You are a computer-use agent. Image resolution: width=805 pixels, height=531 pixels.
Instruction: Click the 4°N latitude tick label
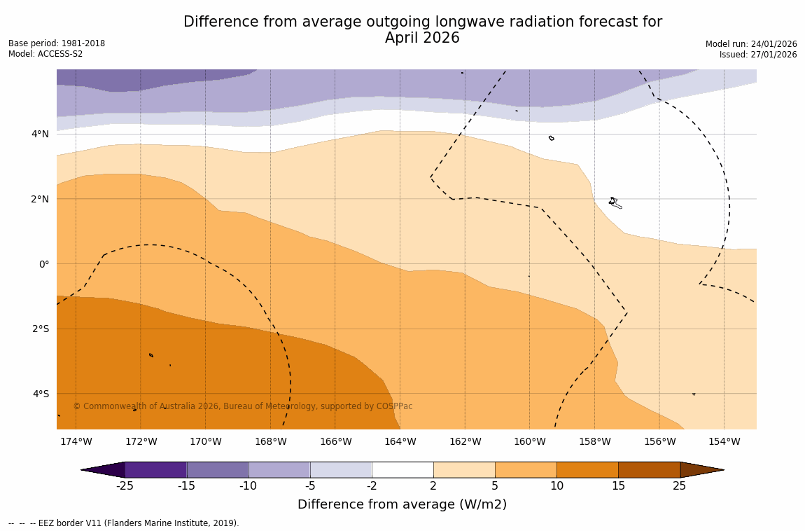click(x=40, y=134)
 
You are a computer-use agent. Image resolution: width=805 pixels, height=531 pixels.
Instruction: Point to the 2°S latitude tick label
click(x=40, y=329)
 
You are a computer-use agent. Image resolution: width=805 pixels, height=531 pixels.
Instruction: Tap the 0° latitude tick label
click(x=43, y=264)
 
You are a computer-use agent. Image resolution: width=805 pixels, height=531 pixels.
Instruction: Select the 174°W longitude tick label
click(x=76, y=441)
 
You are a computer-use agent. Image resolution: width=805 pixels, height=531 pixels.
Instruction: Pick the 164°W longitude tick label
click(x=400, y=441)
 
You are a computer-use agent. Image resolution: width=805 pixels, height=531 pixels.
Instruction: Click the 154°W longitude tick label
click(x=724, y=441)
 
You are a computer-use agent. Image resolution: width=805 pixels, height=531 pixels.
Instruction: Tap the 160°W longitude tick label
click(x=529, y=441)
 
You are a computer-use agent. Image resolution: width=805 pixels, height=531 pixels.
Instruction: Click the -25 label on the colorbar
click(x=125, y=486)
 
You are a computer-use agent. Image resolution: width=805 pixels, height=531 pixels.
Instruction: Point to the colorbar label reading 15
click(x=618, y=486)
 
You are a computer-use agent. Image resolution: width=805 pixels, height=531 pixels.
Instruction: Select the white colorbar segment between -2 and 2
click(x=402, y=469)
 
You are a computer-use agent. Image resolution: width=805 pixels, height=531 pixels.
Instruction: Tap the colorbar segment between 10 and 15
click(x=587, y=469)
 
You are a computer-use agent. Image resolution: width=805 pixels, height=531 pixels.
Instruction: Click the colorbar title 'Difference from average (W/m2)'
click(x=402, y=504)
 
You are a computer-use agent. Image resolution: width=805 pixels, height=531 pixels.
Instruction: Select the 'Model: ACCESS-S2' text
click(x=45, y=54)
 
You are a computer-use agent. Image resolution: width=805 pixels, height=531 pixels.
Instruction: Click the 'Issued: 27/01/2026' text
click(x=758, y=55)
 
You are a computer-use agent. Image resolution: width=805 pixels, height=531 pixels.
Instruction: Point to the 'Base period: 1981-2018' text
click(x=57, y=43)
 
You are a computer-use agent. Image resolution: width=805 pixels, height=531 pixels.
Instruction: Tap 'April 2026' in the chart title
click(x=422, y=39)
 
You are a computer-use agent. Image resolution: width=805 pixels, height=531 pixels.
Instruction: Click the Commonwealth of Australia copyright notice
click(x=243, y=406)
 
